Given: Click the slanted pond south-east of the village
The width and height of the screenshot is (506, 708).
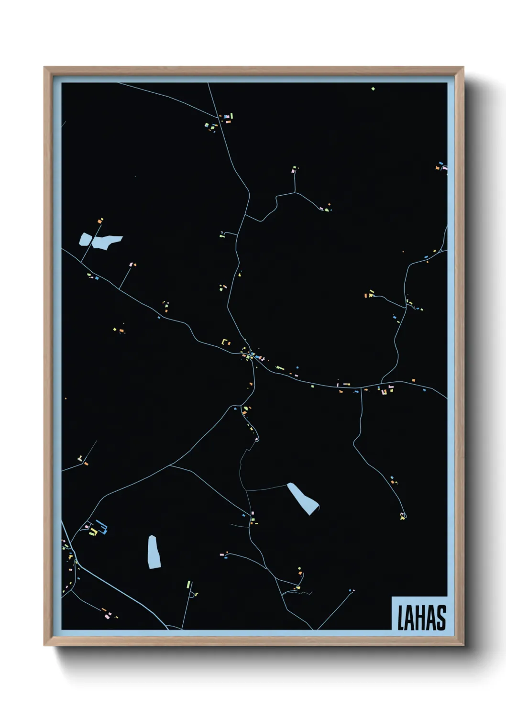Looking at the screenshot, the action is click(x=303, y=498).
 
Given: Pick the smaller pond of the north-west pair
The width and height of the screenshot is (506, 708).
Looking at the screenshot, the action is click(x=85, y=239).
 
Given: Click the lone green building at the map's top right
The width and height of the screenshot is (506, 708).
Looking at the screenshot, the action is click(x=373, y=88).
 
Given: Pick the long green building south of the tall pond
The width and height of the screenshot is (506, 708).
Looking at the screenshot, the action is click(x=188, y=585).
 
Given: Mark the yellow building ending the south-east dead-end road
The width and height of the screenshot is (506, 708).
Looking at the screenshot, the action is click(x=403, y=516).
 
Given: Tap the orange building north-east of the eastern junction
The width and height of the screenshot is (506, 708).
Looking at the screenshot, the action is click(x=413, y=380).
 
